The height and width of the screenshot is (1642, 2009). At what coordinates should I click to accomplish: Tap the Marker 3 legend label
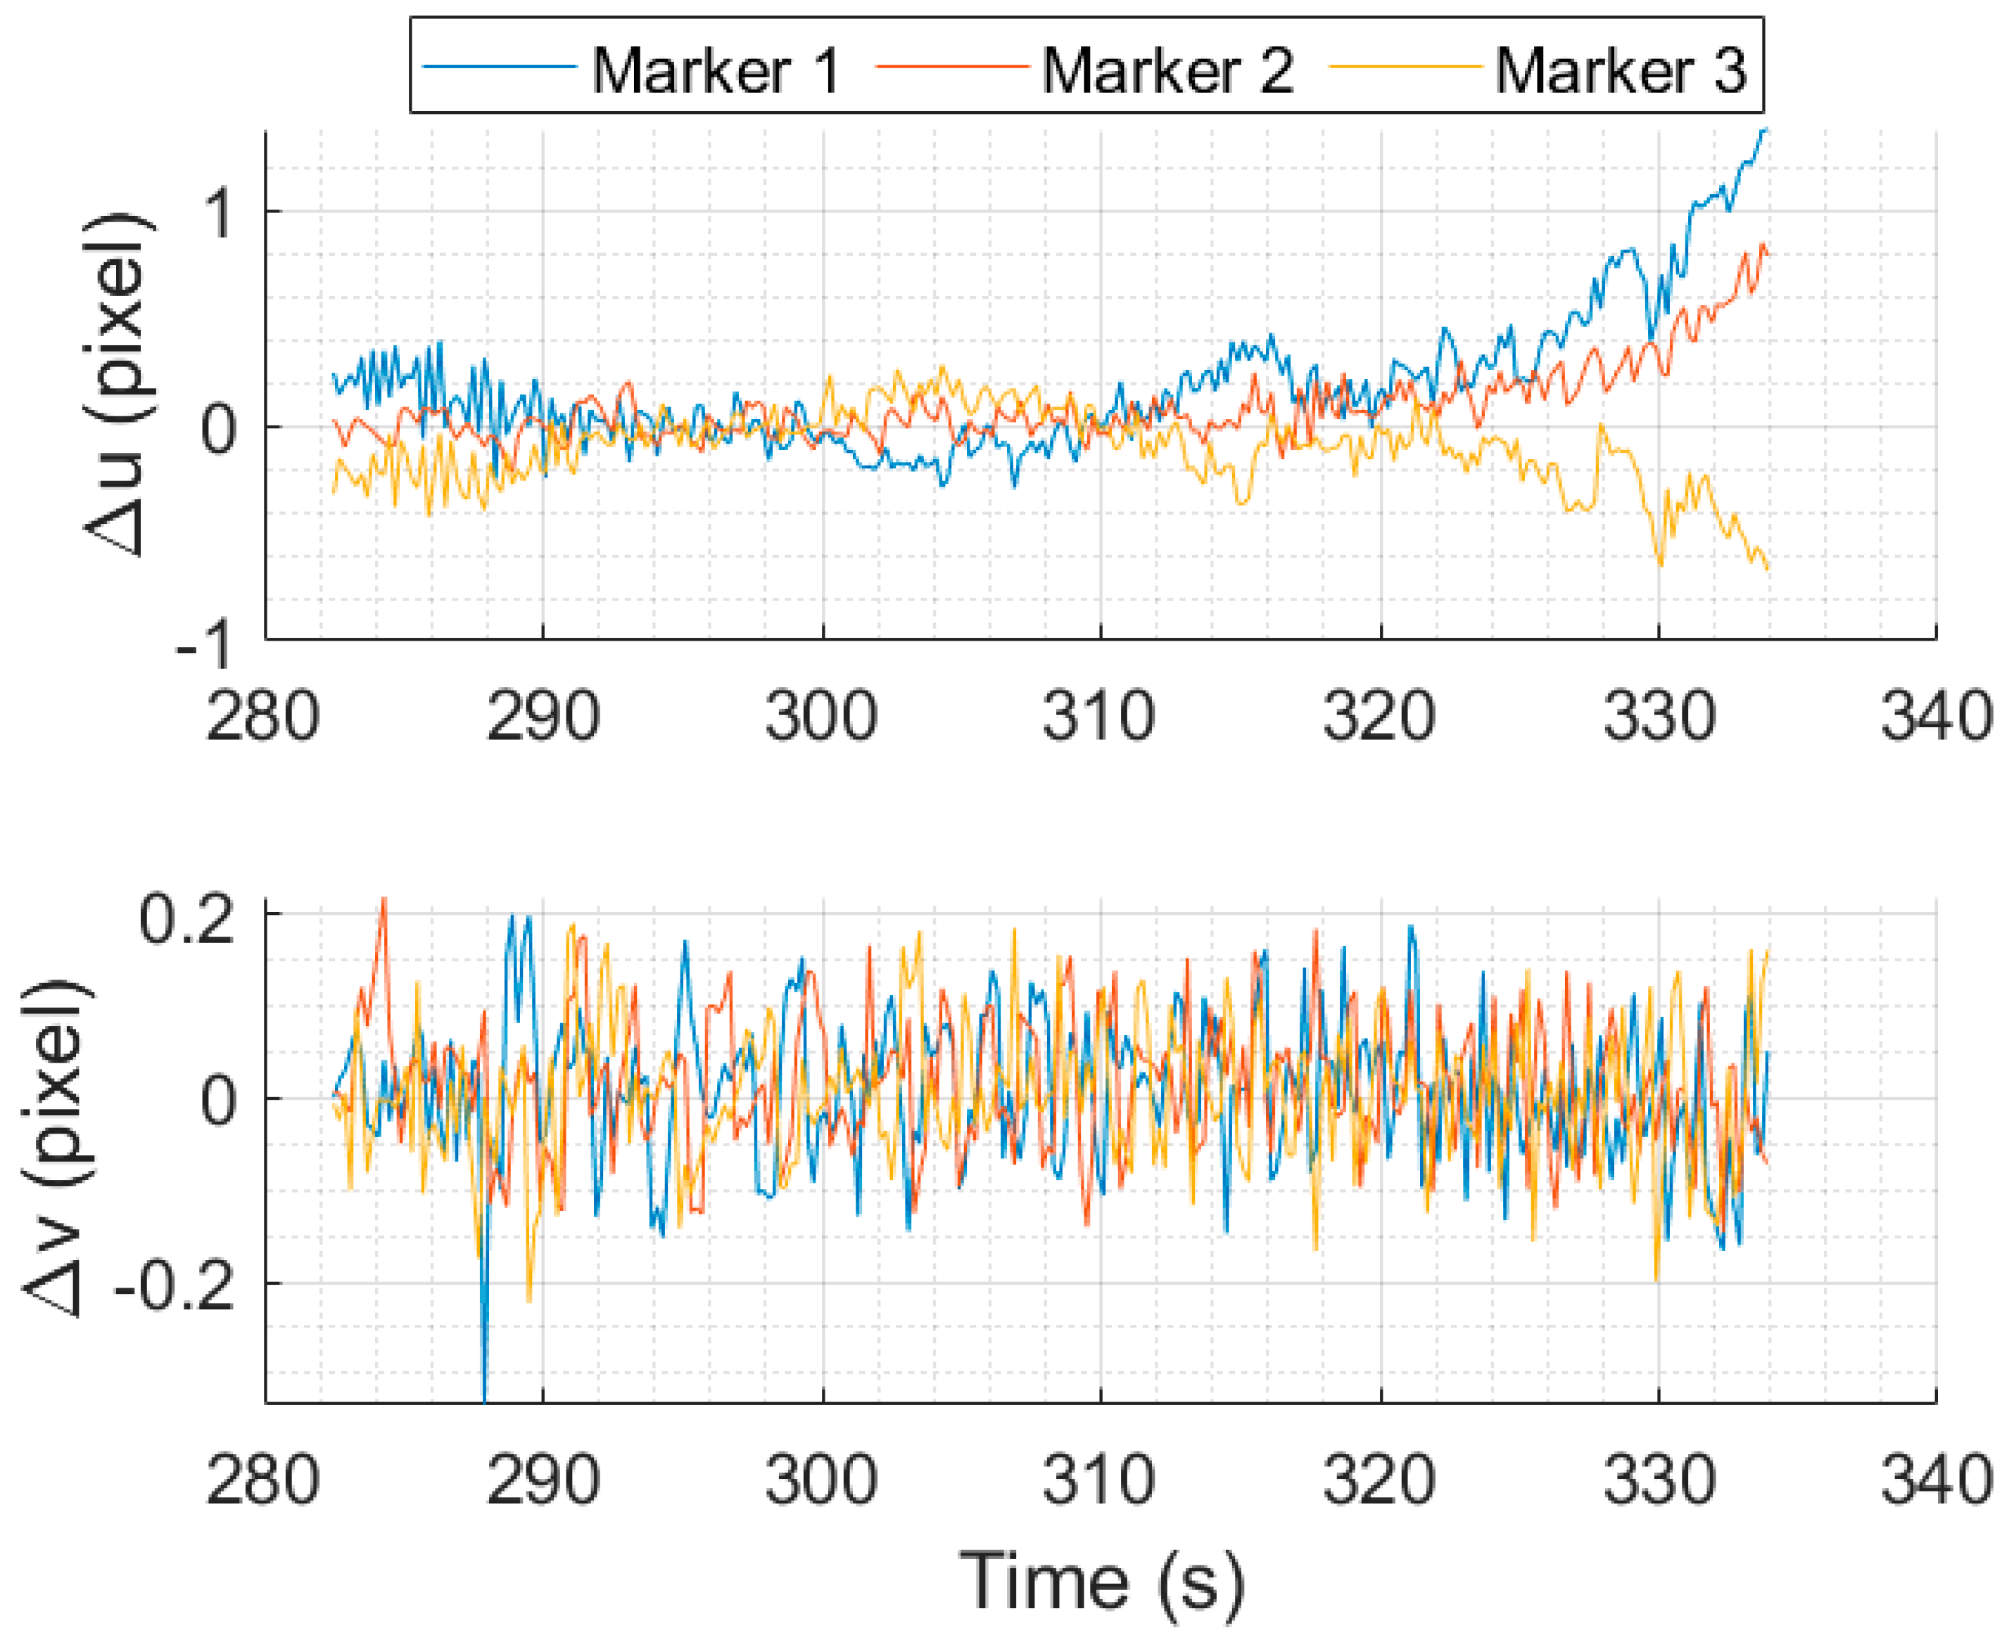pos(1619,71)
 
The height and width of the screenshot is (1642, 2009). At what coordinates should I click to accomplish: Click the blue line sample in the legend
pos(499,67)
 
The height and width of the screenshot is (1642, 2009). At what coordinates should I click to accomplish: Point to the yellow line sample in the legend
pos(1405,67)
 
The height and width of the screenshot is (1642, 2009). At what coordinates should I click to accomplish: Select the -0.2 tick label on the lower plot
pos(186,1288)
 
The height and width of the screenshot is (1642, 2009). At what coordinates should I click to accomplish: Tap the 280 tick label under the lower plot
pos(263,1481)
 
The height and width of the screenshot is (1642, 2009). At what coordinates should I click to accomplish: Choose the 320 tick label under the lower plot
pos(1380,1481)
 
